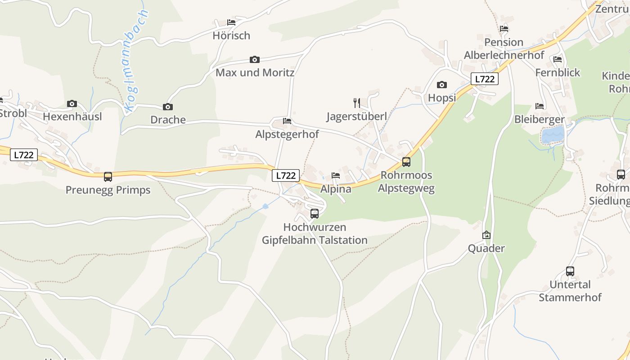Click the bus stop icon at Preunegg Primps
pos(108,177)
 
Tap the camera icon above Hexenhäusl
pos(72,104)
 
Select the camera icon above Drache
pos(168,107)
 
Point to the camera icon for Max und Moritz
pos(255,59)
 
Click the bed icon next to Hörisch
pos(231,22)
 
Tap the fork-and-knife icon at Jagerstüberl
pos(356,103)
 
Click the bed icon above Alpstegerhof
pos(287,121)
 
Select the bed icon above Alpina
pos(335,175)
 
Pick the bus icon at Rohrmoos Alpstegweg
pos(406,162)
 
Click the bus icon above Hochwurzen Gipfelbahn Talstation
pos(315,214)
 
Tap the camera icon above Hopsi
pos(442,85)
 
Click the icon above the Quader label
pos(486,235)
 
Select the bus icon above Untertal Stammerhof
pos(570,271)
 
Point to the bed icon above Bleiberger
pos(540,106)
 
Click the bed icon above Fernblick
pos(558,59)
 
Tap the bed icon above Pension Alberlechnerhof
pos(504,29)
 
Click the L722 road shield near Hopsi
pos(485,79)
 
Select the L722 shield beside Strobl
pos(24,155)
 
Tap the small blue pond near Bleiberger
pos(553,135)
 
